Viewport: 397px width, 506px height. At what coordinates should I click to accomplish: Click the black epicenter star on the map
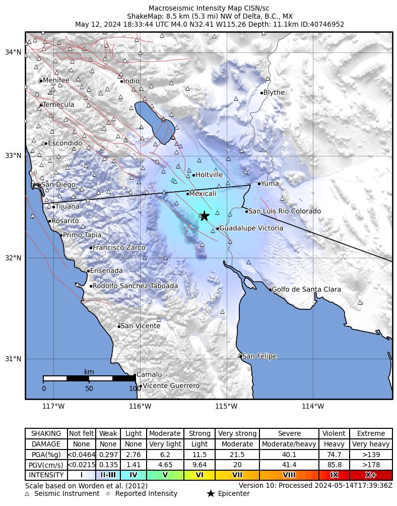click(x=205, y=216)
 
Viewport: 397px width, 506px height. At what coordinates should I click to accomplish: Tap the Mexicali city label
click(x=203, y=194)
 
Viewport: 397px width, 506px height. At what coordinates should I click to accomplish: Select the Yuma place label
click(x=270, y=184)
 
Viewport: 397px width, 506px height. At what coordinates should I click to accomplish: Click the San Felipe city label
click(x=259, y=356)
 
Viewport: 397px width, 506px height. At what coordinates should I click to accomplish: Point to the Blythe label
click(x=274, y=92)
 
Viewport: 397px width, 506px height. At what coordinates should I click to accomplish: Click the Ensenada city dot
click(x=88, y=271)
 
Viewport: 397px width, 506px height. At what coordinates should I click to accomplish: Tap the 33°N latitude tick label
click(x=14, y=155)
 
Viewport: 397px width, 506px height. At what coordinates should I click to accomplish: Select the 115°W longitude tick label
click(x=226, y=407)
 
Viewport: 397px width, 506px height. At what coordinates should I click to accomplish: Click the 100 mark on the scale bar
click(x=135, y=388)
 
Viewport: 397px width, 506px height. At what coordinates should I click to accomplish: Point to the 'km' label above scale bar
click(x=89, y=372)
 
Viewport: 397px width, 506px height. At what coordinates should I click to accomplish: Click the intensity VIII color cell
click(x=289, y=475)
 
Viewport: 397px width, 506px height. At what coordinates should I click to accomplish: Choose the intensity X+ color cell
click(x=370, y=475)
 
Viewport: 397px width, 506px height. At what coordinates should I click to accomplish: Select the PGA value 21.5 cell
click(x=237, y=455)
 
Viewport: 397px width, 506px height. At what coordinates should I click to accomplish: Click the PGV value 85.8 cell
click(x=334, y=465)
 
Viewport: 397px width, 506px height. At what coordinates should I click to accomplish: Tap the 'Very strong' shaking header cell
click(x=237, y=434)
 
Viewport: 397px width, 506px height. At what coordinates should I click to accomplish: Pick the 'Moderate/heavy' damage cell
click(x=289, y=444)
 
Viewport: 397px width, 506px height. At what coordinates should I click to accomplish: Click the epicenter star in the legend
click(x=211, y=493)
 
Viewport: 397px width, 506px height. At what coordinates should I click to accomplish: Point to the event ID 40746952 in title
click(x=327, y=24)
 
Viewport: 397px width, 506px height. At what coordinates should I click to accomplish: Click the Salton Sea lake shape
click(x=154, y=123)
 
